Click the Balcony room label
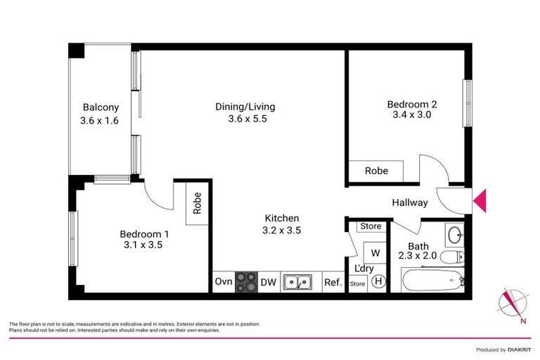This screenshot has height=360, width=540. pyautogui.click(x=101, y=108)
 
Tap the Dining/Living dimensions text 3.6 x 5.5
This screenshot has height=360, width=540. pyautogui.click(x=245, y=119)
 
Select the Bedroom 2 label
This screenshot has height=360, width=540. pyautogui.click(x=409, y=104)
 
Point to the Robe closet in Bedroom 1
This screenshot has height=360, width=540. pyautogui.click(x=197, y=205)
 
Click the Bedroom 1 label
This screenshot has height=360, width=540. pyautogui.click(x=144, y=233)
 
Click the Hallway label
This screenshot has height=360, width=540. pyautogui.click(x=410, y=203)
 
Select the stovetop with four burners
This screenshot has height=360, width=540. pyautogui.click(x=246, y=282)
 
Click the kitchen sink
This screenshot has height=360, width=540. pyautogui.click(x=298, y=283)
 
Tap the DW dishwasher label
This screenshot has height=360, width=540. pyautogui.click(x=269, y=283)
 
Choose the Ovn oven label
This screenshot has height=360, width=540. pyautogui.click(x=223, y=283)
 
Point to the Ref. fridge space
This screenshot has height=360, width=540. pyautogui.click(x=332, y=283)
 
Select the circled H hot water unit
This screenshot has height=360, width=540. pyautogui.click(x=378, y=281)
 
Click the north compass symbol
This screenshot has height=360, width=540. pyautogui.click(x=512, y=302)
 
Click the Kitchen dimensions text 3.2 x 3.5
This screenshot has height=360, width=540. pyautogui.click(x=281, y=230)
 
